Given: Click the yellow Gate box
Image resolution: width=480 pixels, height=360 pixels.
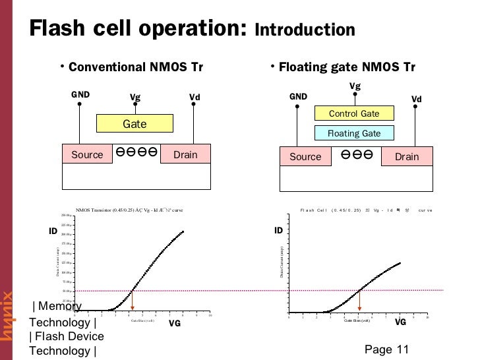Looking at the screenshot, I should tap(135, 123).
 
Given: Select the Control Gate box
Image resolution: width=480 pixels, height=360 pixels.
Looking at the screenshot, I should tap(354, 113).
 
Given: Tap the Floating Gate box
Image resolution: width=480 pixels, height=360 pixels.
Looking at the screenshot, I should tap(354, 133).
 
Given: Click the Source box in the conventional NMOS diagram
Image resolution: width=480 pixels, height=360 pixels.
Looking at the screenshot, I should tap(87, 154).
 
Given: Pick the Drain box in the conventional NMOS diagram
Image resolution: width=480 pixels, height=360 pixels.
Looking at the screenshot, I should tap(185, 154).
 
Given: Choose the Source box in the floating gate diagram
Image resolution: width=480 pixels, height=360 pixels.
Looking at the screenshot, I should tap(305, 156).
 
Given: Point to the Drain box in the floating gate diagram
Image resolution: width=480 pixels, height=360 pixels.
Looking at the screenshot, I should tap(407, 156).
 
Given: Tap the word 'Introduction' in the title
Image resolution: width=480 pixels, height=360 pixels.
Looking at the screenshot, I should tap(305, 30).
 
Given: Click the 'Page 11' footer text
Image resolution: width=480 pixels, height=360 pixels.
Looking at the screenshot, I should tap(386, 349).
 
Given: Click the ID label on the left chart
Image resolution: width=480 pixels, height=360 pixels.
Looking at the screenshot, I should tap(53, 231).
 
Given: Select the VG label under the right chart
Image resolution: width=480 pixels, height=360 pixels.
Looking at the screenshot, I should tap(400, 322).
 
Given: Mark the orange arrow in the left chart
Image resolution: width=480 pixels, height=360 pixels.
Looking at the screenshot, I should tap(133, 300).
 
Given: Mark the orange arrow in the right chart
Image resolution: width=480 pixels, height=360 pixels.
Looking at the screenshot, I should tap(359, 301).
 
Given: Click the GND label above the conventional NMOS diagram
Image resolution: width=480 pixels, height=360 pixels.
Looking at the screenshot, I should tap(80, 94).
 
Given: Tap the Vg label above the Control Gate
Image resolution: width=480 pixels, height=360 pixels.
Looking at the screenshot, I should tap(355, 86).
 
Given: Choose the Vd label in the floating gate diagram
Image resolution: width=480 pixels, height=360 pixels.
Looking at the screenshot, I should tap(417, 100).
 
